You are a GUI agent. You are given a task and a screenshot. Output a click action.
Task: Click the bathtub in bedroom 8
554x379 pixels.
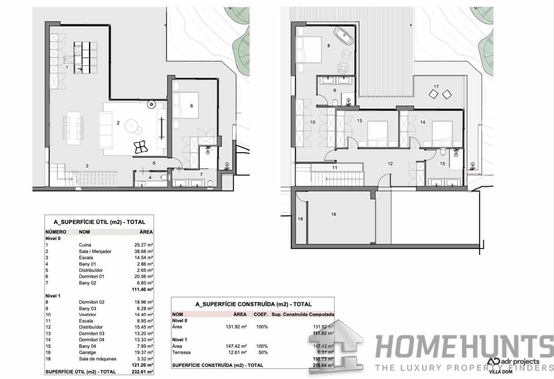point(343,36)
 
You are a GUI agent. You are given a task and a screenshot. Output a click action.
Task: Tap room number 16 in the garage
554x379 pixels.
point(333,214)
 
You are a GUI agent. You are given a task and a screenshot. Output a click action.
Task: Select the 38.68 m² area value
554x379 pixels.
point(143,251)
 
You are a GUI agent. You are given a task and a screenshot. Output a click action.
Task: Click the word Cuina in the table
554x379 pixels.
point(85,245)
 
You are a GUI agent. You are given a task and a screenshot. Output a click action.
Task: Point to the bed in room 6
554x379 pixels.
point(186,105)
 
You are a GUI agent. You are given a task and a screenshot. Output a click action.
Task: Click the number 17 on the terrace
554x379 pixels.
point(436,87)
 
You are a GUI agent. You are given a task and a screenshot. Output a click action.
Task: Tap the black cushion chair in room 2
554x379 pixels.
point(140,147)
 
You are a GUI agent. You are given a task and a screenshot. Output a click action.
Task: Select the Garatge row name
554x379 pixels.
point(87,352)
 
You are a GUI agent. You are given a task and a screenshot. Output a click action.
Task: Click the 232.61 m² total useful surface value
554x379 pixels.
point(143,372)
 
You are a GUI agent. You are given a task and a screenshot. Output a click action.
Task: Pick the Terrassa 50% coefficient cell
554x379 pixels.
point(262,352)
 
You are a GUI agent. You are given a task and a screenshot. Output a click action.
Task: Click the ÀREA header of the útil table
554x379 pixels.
point(146,232)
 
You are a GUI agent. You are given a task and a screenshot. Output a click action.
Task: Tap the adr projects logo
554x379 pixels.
point(513,361)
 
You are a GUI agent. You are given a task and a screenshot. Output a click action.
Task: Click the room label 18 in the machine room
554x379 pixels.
point(300,219)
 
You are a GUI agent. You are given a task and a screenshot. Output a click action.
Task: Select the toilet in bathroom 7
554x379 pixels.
point(210,184)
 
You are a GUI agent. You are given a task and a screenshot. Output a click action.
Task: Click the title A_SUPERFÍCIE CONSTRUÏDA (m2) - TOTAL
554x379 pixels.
point(253,304)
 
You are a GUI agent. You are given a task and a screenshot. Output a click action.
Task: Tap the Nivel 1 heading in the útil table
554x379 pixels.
point(53,296)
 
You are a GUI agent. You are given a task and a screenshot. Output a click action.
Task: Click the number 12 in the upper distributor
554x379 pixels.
point(390,164)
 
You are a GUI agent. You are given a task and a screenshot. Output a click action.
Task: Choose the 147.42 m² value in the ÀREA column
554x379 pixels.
point(236,346)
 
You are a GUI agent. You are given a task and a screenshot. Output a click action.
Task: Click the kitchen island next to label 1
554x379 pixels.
point(85,57)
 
